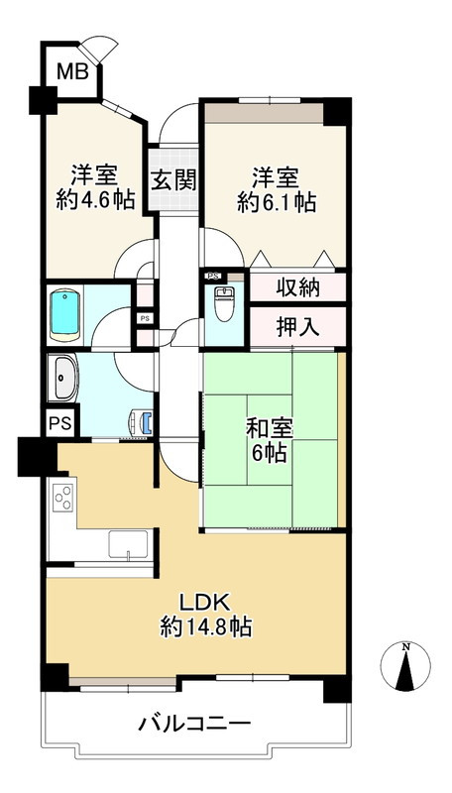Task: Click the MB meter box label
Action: [x=71, y=71]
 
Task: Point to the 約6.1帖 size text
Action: [x=277, y=203]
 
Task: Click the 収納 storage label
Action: [x=297, y=287]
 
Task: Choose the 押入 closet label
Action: [x=297, y=326]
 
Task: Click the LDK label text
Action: [x=204, y=602]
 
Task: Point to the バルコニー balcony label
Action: [x=193, y=723]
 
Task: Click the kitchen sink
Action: [x=128, y=545]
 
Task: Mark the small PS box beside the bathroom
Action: [x=145, y=318]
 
